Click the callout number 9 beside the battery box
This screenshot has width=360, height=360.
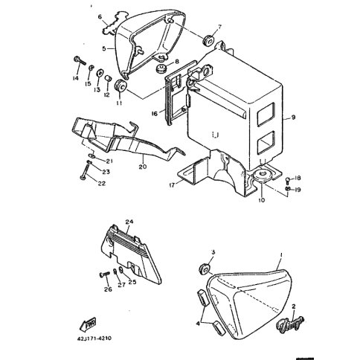pos(293,117)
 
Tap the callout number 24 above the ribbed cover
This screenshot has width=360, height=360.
pos(129,222)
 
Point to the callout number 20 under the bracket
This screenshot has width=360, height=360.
pos(143,167)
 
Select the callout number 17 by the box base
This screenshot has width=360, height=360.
pos(172,185)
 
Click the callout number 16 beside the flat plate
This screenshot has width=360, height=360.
pos(154,114)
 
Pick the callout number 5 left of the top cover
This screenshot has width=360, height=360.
pos(104,48)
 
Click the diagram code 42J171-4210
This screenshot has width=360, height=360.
pos(93,338)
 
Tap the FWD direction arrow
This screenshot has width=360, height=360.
pos(88,324)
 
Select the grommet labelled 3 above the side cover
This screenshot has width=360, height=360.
pos(205,269)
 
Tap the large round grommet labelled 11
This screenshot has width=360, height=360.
pos(120,86)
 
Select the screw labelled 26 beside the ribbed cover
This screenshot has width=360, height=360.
pos(104,274)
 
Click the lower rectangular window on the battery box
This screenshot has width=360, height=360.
pos(266,143)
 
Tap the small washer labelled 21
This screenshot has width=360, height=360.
pos(92,155)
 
